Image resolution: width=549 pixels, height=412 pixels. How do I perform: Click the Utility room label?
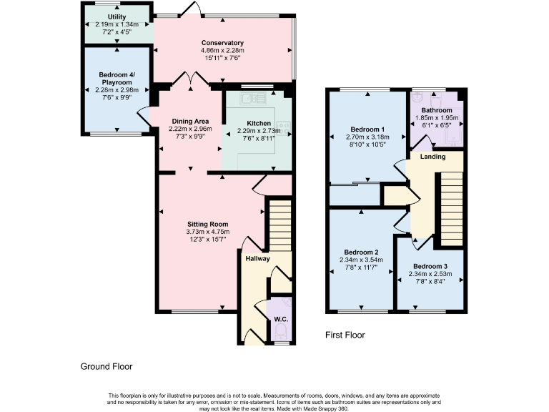coord(117,16)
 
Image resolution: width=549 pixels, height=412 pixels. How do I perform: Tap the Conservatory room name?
coord(222,43)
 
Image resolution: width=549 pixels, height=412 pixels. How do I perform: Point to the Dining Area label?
coord(190,122)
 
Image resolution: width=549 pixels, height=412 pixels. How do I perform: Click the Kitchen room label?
coord(258,123)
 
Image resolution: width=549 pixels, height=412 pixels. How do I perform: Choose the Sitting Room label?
coord(198,224)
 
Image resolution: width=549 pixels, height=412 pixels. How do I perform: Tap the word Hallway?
coord(257,259)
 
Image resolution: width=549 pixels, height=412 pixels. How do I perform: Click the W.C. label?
coord(280,320)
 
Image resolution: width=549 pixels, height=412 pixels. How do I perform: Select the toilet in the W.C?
coord(281,333)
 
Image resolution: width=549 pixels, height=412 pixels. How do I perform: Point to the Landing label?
coord(432,157)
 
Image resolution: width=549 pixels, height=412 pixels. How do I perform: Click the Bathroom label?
coord(436,110)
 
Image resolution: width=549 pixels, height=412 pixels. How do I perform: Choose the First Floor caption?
coord(345,335)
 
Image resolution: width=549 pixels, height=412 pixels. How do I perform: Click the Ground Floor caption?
coord(107,366)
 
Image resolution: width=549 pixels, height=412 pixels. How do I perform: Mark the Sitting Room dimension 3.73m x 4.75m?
coord(198,232)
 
